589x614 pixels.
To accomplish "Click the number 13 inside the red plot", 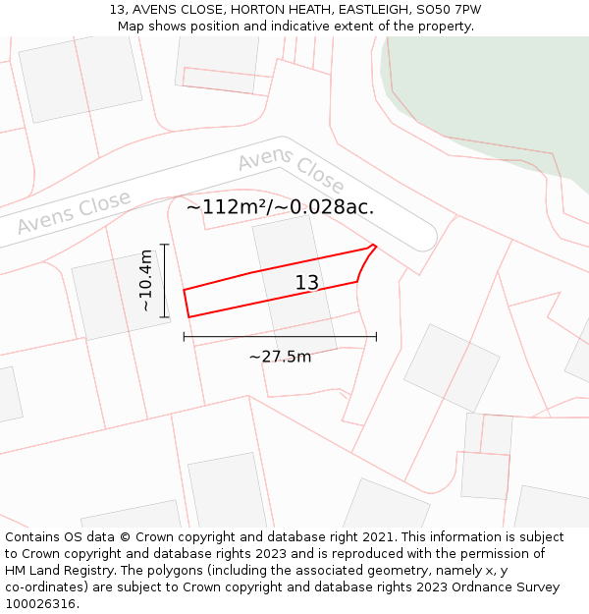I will click(307, 283).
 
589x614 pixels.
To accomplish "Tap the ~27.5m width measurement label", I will click(280, 357).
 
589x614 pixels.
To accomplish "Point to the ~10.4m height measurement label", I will click(146, 280).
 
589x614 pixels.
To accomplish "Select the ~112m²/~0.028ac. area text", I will click(280, 206).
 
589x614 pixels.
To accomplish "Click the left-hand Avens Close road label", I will click(74, 213).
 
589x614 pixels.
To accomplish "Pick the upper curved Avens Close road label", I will click(291, 172).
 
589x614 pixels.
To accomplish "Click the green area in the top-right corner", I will click(491, 88).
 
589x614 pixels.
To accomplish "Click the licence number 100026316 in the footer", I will click(41, 604).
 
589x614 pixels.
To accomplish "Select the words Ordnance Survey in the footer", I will click(509, 587).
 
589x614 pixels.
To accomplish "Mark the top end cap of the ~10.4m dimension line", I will click(165, 245).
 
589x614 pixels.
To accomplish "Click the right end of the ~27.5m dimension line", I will click(376, 337).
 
